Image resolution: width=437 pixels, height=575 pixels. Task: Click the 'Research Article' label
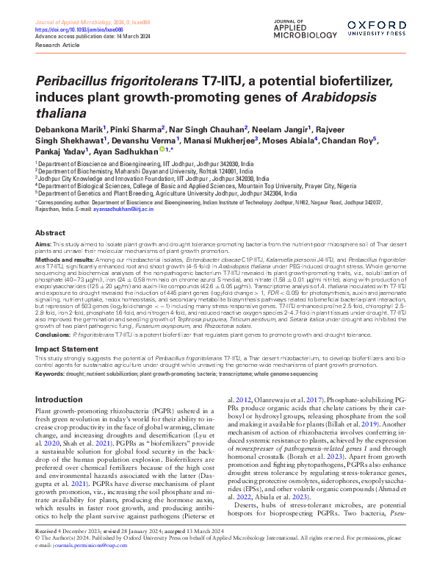click(x=57, y=43)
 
